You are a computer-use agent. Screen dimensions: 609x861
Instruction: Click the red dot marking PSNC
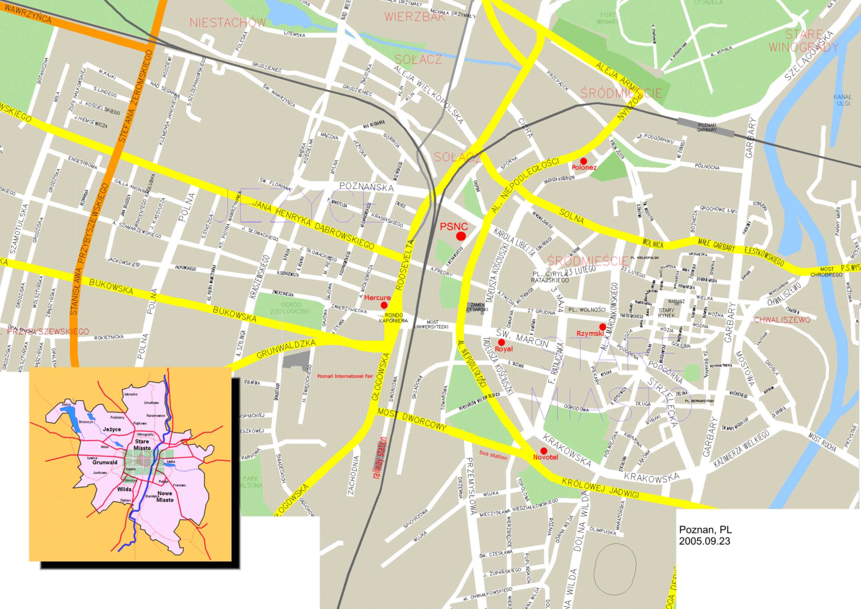461,236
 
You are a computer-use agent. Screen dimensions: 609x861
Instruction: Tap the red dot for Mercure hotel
384,305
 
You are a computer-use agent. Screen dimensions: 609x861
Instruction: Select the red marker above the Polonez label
583,161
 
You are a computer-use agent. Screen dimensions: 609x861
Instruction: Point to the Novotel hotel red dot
543,451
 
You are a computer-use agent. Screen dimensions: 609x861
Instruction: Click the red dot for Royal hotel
501,342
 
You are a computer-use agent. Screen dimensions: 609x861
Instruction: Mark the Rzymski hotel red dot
602,327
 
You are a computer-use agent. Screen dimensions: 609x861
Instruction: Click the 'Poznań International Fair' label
345,376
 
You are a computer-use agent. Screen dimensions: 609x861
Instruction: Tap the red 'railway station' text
380,458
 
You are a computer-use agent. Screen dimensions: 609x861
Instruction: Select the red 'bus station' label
493,455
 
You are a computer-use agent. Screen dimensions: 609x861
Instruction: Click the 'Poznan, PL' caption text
705,530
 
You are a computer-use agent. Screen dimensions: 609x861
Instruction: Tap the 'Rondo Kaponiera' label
393,318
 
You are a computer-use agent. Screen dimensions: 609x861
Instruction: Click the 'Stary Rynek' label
666,313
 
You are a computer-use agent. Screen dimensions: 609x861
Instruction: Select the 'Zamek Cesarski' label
477,307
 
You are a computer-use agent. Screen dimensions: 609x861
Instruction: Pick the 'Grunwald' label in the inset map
105,462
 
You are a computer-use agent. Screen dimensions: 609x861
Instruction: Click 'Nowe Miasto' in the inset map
165,496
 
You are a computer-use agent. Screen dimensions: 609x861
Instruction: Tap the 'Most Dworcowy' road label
412,419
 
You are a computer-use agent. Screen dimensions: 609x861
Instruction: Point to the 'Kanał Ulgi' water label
842,100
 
